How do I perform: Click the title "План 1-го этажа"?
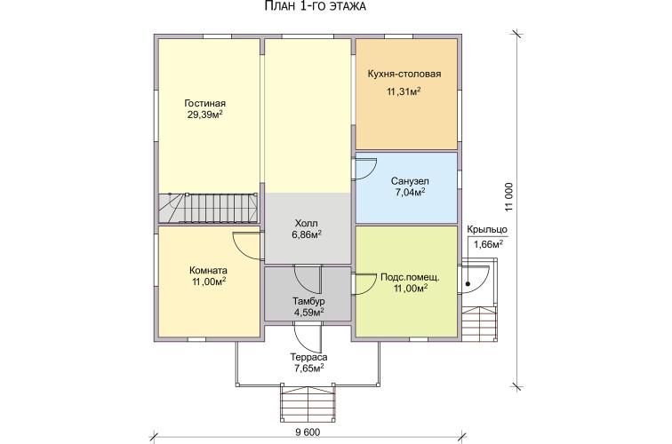[315, 6]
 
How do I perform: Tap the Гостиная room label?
[204, 104]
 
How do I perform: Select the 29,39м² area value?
[204, 115]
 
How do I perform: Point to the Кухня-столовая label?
[404, 74]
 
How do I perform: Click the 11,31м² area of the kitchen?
[404, 91]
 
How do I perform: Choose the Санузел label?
[410, 181]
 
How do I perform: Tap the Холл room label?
[307, 224]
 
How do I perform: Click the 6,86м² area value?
[307, 234]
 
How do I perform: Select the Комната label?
[208, 271]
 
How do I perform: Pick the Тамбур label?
[308, 300]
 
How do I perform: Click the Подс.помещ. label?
[410, 277]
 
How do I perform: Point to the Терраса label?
[308, 357]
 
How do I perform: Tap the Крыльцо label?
[487, 229]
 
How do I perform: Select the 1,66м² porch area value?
[488, 244]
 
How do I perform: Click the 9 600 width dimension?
[308, 432]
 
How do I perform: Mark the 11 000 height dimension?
[508, 197]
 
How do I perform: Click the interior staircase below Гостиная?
[208, 208]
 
